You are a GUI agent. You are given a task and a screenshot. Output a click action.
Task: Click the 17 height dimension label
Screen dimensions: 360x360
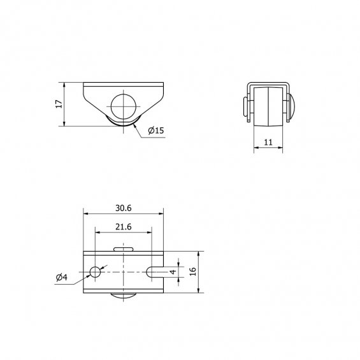click(59, 104)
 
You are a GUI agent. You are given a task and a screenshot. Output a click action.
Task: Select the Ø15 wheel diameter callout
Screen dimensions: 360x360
click(156, 131)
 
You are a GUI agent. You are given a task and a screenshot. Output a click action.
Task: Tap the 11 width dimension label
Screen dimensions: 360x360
click(268, 142)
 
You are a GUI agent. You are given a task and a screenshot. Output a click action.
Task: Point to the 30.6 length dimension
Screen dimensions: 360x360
click(123, 208)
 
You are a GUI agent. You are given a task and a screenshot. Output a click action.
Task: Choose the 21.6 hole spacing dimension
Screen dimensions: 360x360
click(123, 227)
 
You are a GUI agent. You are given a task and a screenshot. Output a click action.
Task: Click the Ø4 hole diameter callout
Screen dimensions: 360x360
click(62, 277)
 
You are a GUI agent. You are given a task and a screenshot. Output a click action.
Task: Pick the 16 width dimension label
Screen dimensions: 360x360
click(193, 271)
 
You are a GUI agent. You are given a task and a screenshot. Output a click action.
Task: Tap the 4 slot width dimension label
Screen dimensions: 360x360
click(173, 272)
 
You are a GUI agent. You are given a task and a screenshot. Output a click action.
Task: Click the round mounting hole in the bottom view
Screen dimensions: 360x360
click(95, 272)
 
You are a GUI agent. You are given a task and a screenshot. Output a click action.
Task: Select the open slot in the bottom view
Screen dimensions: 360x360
click(155, 272)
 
